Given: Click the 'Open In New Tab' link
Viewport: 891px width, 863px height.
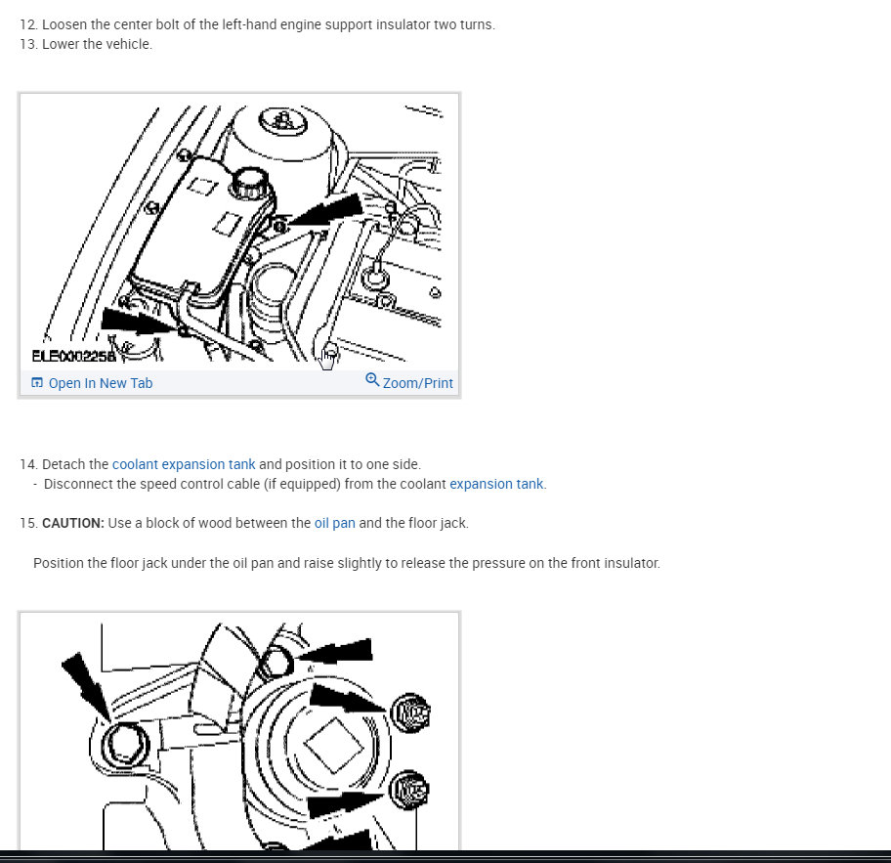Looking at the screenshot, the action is (101, 383).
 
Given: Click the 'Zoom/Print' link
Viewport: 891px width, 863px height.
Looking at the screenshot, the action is (418, 383).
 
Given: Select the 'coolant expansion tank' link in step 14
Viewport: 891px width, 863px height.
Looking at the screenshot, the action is (184, 464).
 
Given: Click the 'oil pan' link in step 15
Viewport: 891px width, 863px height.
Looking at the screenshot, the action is (335, 523).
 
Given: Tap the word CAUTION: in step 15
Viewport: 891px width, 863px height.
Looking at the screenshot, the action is (73, 523).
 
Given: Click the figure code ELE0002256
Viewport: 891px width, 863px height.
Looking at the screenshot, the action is (74, 356).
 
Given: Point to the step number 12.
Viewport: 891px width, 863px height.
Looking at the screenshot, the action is (28, 24).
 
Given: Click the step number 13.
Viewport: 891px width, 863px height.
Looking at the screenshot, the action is (28, 44).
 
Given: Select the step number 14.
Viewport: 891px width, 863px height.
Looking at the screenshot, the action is (28, 464).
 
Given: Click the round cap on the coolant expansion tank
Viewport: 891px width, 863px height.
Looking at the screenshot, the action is (250, 183).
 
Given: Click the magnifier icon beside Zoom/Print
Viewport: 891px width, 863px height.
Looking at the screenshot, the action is (372, 379).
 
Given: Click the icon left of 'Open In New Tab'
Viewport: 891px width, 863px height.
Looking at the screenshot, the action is (37, 382).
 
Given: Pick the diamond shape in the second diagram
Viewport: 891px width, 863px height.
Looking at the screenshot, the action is (333, 746).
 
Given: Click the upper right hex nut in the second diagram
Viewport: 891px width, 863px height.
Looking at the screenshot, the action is (411, 712).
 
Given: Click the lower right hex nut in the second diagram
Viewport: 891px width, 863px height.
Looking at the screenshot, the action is (409, 790).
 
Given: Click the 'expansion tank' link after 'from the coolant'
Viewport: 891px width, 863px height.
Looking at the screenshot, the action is (496, 484).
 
